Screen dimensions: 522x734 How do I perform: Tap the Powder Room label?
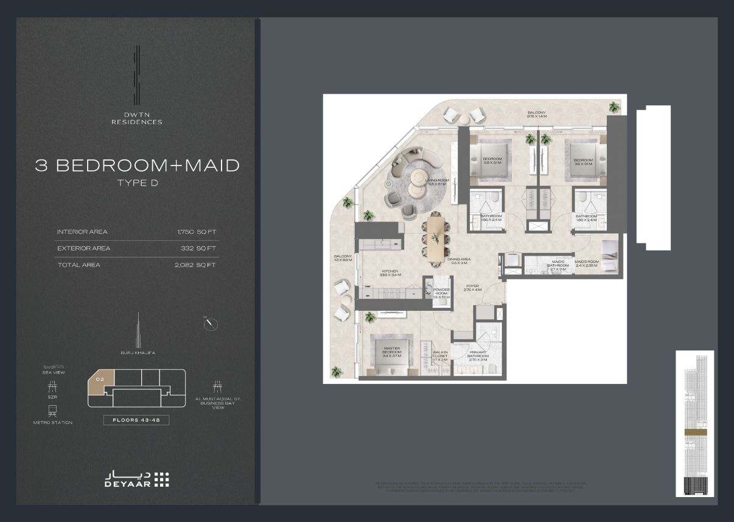tap(441, 293)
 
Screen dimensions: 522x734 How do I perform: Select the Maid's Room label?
tap(587, 263)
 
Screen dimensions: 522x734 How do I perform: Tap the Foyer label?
tap(472, 287)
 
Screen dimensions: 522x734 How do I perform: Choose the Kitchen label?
tap(390, 273)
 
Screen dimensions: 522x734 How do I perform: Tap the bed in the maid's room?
tap(610, 255)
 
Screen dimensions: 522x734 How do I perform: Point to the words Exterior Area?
tap(83, 248)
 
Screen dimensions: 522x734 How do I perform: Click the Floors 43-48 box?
tap(136, 420)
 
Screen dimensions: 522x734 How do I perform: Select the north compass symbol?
tap(211, 324)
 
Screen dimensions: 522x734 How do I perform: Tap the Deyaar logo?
tap(136, 479)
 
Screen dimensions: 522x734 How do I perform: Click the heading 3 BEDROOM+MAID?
tap(137, 165)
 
